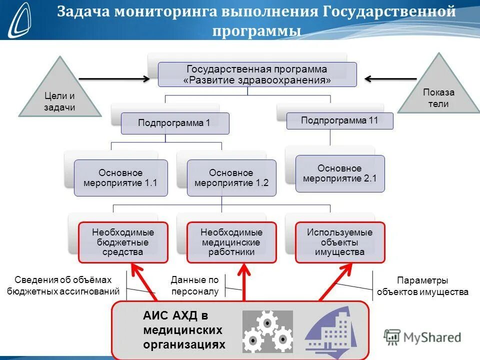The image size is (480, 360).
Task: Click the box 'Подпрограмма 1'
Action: pyautogui.click(x=175, y=123)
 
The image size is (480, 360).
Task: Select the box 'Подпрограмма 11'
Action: pyautogui.click(x=339, y=121)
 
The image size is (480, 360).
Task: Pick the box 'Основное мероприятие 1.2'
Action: pyautogui.click(x=231, y=178)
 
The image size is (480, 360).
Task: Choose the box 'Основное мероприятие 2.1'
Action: pyautogui.click(x=340, y=173)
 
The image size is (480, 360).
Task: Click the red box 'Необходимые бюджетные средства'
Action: pyautogui.click(x=123, y=242)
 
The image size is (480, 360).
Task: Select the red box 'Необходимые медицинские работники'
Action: pyautogui.click(x=231, y=242)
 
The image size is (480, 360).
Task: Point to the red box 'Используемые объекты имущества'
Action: pyautogui.click(x=339, y=242)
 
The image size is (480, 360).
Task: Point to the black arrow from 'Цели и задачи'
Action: pyautogui.click(x=114, y=78)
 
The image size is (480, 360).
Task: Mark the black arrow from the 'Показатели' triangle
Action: pyautogui.click(x=391, y=78)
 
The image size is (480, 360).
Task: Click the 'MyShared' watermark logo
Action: pyautogui.click(x=422, y=336)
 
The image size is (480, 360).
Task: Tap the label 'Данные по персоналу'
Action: pyautogui.click(x=194, y=285)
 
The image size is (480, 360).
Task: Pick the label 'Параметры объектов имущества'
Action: pyautogui.click(x=422, y=286)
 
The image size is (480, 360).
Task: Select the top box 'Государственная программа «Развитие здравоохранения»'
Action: pyautogui.click(x=257, y=74)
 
